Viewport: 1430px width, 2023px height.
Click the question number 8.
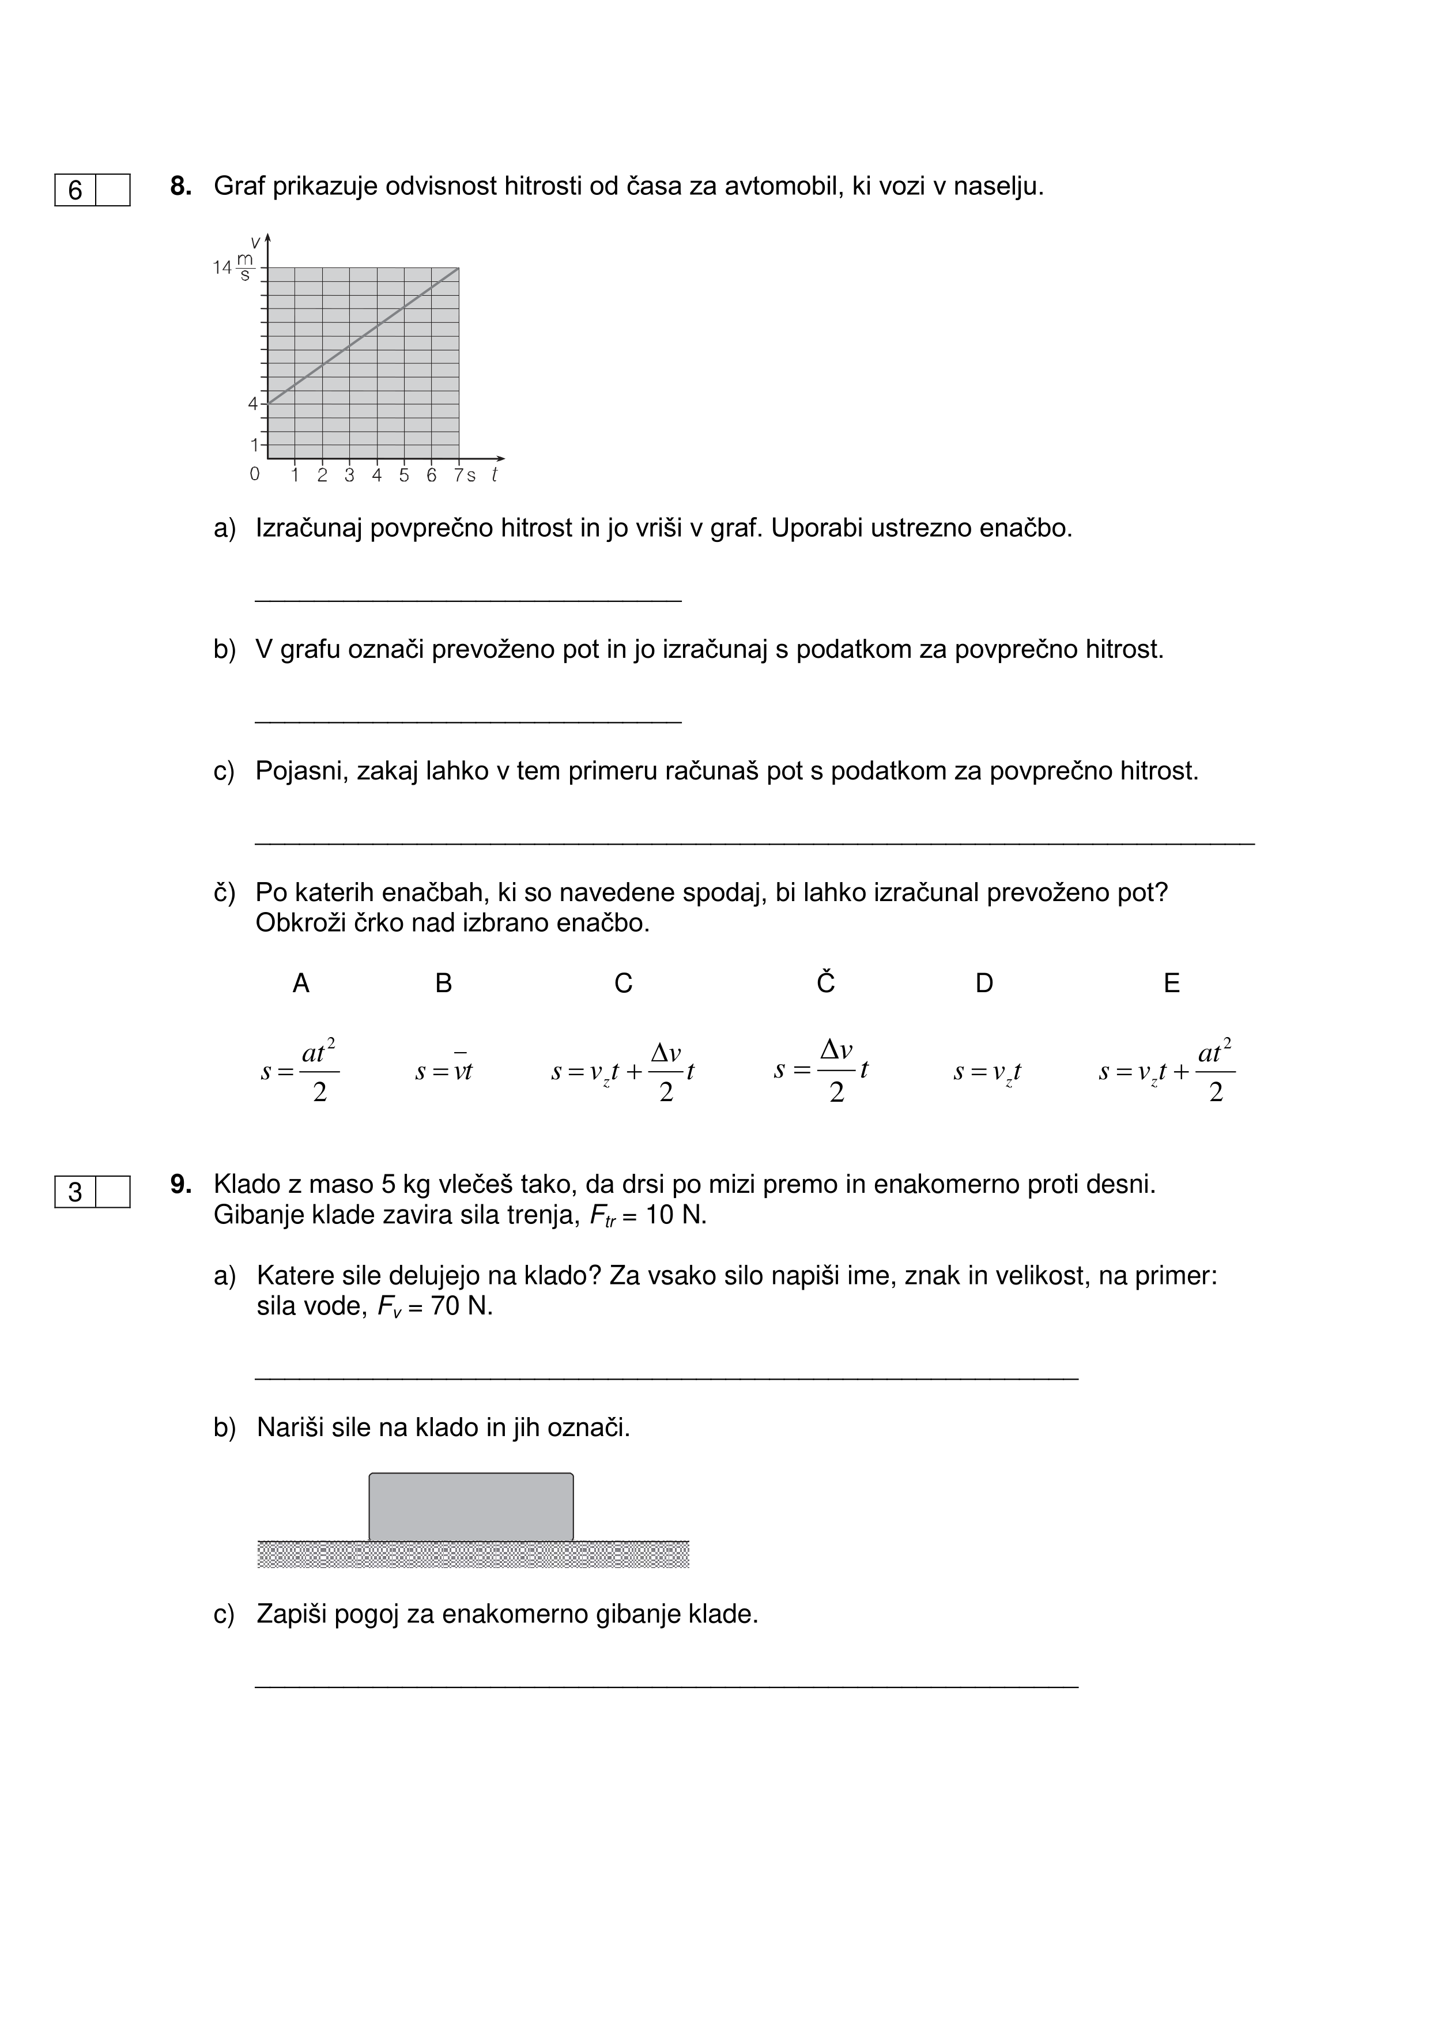point(180,187)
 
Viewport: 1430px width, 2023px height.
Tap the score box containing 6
point(76,190)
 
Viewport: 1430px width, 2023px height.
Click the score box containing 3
point(76,1192)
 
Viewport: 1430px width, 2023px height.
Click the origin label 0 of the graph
point(255,474)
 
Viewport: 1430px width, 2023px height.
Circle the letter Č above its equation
point(825,982)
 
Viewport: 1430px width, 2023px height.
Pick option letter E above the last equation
point(1172,984)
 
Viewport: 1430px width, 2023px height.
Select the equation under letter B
point(444,1071)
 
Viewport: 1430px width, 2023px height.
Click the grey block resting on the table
point(471,1506)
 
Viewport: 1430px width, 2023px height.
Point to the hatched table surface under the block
point(473,1554)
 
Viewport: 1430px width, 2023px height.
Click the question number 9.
point(180,1184)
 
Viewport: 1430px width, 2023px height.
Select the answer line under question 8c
point(754,843)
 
